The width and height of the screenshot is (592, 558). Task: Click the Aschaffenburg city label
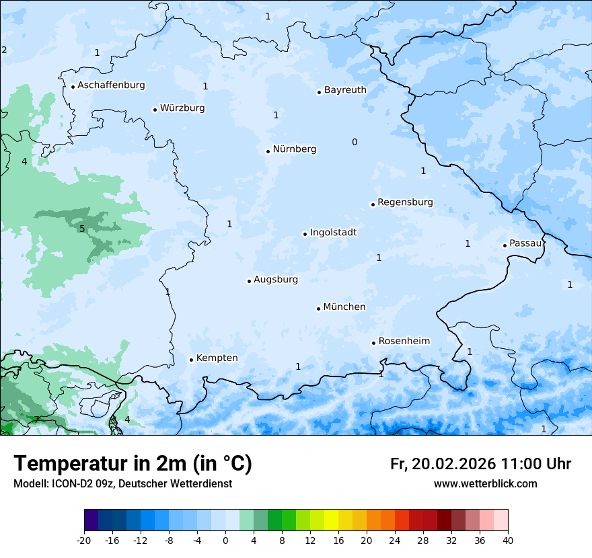pos(111,85)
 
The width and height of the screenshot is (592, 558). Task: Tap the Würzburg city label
pos(182,108)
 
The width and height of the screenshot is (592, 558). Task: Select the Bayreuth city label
pos(345,90)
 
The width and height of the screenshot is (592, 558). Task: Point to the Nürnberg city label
pos(294,149)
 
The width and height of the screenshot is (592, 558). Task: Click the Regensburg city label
pos(405,202)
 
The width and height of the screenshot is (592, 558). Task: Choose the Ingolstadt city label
pos(333,233)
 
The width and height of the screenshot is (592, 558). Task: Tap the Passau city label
pos(525,243)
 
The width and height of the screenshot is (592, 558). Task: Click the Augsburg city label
pos(276,280)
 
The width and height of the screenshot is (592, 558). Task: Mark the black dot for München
pos(318,309)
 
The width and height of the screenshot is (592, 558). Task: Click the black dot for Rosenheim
pos(373,343)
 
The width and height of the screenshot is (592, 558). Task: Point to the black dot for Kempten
pos(191,360)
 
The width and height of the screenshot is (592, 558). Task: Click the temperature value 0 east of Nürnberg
pos(355,142)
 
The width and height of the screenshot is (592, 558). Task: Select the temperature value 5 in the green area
pos(82,229)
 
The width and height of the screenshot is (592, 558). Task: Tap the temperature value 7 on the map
pos(36,420)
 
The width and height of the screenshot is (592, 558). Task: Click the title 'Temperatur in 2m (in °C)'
pos(133,464)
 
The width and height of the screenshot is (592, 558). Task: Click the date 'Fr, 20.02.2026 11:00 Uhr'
pos(480,464)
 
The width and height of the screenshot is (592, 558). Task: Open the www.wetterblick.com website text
pos(485,484)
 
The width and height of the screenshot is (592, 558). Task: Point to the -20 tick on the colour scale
pos(84,540)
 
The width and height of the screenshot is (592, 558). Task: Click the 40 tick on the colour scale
pos(507,540)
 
